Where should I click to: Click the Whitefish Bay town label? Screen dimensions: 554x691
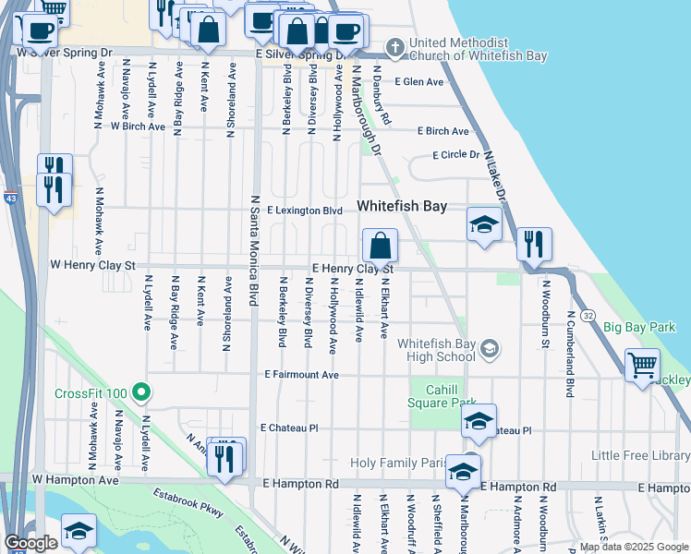click(x=403, y=207)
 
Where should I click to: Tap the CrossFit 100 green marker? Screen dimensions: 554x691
click(x=141, y=393)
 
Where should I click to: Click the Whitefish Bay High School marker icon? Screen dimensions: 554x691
click(x=489, y=349)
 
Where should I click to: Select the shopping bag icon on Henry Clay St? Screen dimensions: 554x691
click(x=380, y=247)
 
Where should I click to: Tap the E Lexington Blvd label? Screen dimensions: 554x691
click(x=305, y=211)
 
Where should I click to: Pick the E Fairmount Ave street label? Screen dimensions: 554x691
click(x=302, y=375)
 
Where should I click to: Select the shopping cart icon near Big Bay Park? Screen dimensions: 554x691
click(x=642, y=364)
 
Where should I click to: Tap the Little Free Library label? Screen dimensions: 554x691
click(x=641, y=455)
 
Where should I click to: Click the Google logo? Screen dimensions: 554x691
click(x=30, y=542)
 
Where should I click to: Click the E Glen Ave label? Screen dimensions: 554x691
click(x=418, y=81)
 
